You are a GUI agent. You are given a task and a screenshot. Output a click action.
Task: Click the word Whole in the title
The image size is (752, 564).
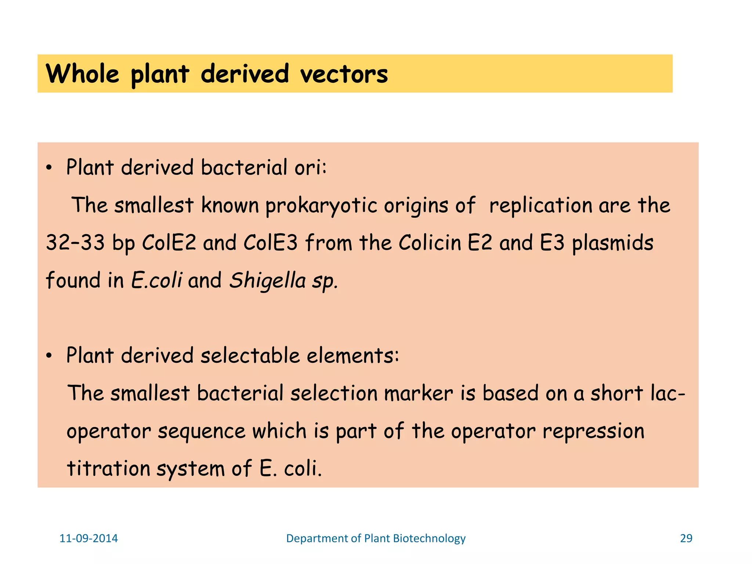83,74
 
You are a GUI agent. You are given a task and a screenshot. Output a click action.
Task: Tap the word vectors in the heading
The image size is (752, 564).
344,74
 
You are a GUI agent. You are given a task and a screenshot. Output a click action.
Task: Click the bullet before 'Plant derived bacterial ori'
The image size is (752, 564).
49,168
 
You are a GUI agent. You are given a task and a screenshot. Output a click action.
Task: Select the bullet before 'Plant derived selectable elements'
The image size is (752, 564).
49,356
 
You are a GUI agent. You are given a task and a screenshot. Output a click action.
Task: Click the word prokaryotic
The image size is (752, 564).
321,205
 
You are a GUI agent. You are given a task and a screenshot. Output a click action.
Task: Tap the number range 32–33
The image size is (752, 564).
75,243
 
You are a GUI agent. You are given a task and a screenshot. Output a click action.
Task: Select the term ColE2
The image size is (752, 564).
169,243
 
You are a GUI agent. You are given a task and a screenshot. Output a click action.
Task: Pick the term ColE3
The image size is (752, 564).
271,243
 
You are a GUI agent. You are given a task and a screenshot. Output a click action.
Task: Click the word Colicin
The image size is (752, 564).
430,243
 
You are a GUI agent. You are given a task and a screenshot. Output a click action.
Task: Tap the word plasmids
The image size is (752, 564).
612,243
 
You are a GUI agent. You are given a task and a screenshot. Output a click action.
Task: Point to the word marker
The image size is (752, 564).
419,393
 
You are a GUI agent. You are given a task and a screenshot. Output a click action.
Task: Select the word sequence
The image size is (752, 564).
202,431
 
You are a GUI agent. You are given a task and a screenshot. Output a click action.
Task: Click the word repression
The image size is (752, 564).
593,431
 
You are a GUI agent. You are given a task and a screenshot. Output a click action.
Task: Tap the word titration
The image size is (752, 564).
108,469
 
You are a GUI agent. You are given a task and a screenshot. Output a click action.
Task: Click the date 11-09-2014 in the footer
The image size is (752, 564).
88,538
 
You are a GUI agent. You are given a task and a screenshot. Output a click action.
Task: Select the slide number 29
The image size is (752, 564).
686,538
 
